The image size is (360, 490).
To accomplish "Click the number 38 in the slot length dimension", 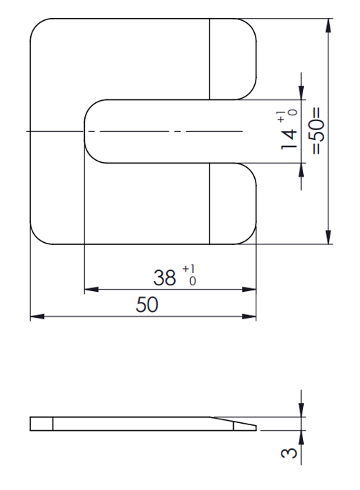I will click(x=166, y=277).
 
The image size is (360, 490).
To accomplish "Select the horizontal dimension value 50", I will click(x=148, y=306).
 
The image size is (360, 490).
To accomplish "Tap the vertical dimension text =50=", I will click(x=318, y=131).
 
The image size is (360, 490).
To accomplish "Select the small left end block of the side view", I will click(x=41, y=424).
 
